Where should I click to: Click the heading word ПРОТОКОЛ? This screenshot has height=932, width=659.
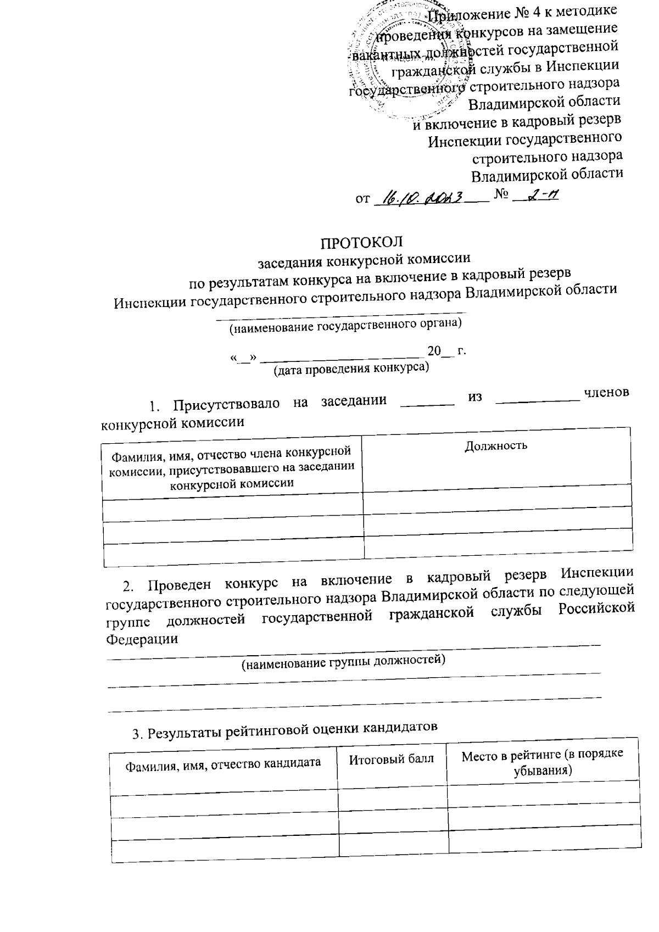(362, 242)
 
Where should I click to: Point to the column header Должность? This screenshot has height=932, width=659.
(496, 445)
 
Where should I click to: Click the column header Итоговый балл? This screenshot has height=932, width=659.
(392, 760)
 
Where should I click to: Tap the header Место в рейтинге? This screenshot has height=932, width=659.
(543, 762)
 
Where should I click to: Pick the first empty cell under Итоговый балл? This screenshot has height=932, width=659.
(392, 791)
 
